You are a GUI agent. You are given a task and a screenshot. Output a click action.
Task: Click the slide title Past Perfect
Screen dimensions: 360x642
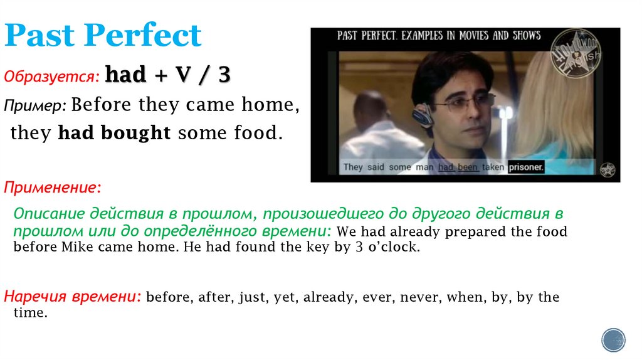tap(103, 36)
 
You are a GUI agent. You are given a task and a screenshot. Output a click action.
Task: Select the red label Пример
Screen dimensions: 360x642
tap(36, 105)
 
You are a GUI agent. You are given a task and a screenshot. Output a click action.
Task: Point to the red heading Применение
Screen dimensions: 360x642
tap(52, 187)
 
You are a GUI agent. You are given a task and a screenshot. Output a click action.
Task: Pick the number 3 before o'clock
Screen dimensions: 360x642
tap(359, 246)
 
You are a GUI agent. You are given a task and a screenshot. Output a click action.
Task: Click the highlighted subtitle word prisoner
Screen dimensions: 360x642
tap(526, 167)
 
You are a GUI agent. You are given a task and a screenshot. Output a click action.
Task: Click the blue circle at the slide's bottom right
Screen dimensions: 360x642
tap(613, 339)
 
